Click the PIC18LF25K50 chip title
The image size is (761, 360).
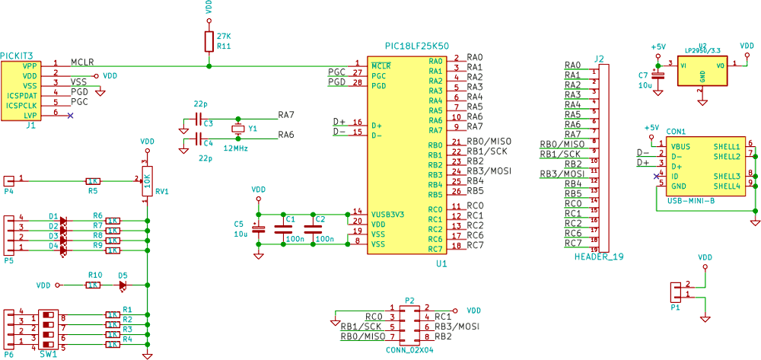[x=418, y=46]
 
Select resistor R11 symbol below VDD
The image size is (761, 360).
[x=209, y=41]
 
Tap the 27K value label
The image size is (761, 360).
[x=224, y=36]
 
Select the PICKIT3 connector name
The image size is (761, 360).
[x=17, y=56]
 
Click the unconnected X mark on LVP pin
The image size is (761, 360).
[x=71, y=115]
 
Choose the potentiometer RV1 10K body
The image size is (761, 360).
[x=147, y=180]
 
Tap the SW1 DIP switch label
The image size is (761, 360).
[x=48, y=355]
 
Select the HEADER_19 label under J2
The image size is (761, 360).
[x=599, y=256]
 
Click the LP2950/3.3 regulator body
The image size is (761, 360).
[x=702, y=72]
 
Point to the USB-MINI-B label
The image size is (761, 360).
[x=690, y=201]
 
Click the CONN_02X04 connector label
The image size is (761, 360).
[x=409, y=350]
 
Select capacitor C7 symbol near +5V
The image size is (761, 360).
[x=658, y=75]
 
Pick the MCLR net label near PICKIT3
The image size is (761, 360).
[x=83, y=62]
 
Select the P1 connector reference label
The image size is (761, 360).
[x=675, y=308]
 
